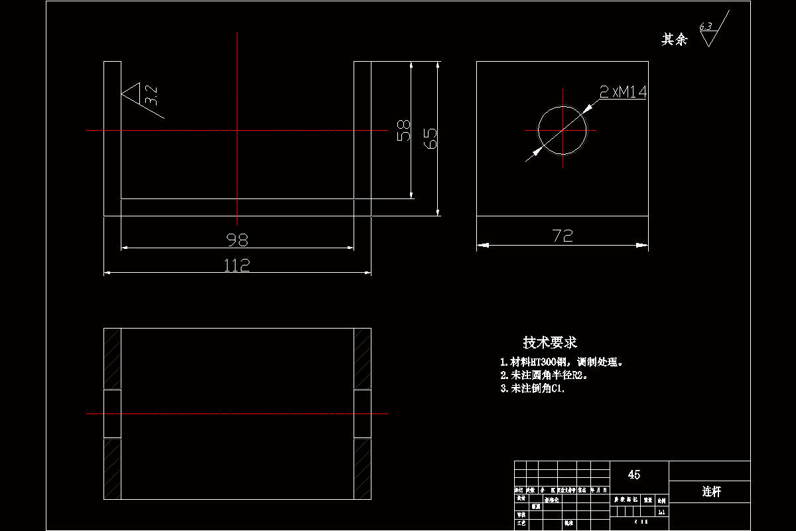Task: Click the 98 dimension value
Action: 237,240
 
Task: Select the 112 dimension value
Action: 237,265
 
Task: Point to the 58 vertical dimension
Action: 403,130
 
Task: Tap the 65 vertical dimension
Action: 430,138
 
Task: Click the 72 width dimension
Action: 562,236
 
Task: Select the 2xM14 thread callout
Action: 623,92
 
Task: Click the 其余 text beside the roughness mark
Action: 675,40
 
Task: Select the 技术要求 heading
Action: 550,342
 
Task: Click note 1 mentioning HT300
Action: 563,362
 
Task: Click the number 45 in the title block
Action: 634,475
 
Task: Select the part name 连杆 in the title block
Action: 711,492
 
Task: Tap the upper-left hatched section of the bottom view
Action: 112,358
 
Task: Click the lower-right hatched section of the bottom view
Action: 362,469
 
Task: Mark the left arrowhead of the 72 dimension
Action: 482,246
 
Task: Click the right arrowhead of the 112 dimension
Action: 365,272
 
